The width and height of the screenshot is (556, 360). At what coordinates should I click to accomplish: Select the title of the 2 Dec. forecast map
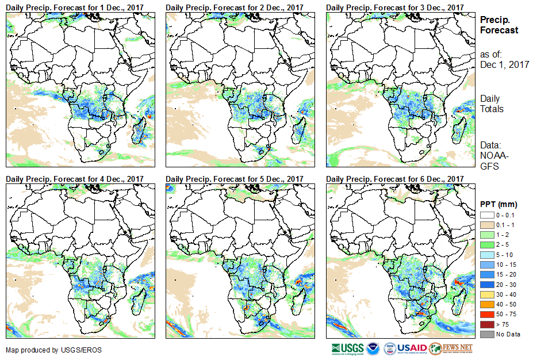[x=235, y=7]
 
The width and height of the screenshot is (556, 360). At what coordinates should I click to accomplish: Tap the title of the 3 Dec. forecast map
[x=394, y=7]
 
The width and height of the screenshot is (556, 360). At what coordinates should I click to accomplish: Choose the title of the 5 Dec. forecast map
[x=235, y=179]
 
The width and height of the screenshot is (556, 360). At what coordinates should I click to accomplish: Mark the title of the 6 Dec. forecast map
[x=394, y=179]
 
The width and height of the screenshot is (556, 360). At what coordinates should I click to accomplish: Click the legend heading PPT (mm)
[x=499, y=204]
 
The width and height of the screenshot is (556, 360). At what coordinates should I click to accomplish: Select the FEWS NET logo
[x=451, y=348]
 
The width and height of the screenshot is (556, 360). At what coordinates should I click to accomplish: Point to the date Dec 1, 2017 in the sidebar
[x=504, y=64]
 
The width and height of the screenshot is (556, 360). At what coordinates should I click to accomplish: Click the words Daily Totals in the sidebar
[x=492, y=104]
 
